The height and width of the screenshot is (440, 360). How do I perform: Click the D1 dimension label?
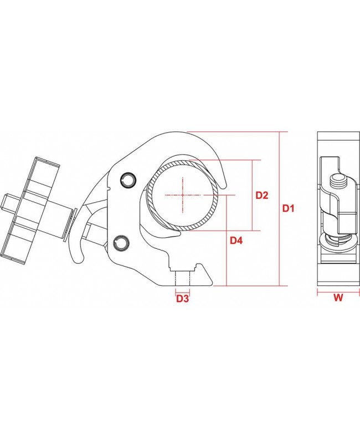(289, 209)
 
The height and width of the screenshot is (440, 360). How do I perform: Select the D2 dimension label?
(261, 195)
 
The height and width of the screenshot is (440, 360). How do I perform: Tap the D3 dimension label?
(183, 299)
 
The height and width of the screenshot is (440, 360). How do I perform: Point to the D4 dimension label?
(237, 241)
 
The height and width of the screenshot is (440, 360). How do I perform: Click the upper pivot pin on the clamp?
(128, 178)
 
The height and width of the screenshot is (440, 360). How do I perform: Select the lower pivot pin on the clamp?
(121, 242)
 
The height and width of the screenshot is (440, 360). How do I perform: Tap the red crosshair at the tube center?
(182, 195)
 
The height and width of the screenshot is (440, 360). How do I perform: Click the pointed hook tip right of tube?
(224, 181)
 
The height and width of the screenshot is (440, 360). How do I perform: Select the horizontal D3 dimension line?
(183, 290)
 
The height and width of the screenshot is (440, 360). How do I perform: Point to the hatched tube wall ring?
(149, 196)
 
